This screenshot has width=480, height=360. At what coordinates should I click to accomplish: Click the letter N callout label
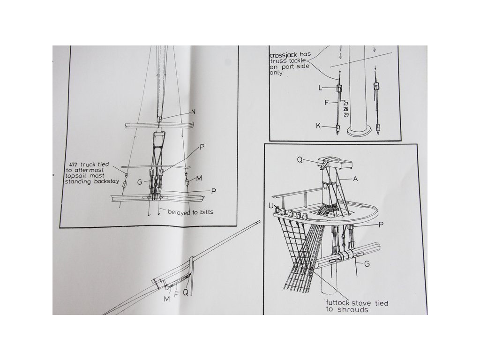click(193, 112)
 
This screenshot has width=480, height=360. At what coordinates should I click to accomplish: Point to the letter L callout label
click(320, 88)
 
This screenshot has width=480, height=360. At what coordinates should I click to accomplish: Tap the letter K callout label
click(318, 126)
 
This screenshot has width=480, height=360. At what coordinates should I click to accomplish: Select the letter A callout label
click(355, 179)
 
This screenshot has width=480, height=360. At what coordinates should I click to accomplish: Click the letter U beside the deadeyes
click(271, 206)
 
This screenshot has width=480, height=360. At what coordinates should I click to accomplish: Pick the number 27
click(346, 104)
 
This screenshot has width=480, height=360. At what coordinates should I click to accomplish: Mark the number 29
click(346, 115)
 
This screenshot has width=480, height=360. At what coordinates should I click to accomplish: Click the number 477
click(73, 165)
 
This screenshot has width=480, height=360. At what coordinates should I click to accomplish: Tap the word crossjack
click(283, 56)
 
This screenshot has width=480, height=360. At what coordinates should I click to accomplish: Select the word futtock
click(337, 303)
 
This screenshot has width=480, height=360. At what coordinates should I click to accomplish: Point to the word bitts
click(206, 212)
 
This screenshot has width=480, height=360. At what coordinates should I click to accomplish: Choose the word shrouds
click(352, 310)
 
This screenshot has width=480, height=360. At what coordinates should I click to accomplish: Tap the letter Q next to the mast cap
click(300, 160)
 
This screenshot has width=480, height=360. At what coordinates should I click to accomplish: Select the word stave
click(361, 303)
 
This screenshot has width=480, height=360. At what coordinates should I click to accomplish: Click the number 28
click(346, 109)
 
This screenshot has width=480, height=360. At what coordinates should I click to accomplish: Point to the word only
click(276, 73)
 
